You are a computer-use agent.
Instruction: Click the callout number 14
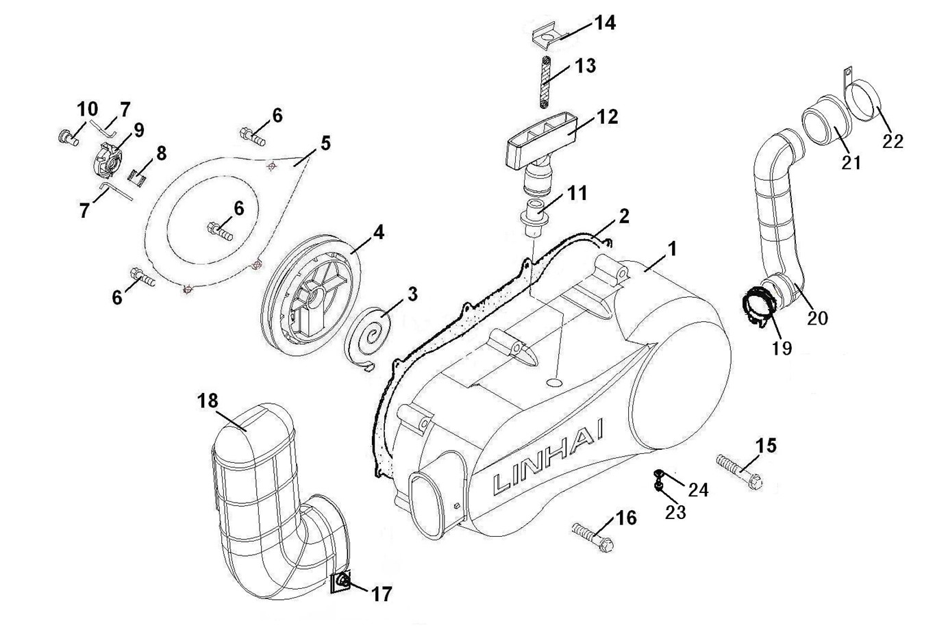tap(605, 23)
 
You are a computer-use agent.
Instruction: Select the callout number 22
tap(893, 141)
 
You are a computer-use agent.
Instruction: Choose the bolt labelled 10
tap(67, 136)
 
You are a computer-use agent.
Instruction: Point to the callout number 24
tap(699, 490)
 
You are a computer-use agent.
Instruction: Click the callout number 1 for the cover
tap(673, 249)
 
